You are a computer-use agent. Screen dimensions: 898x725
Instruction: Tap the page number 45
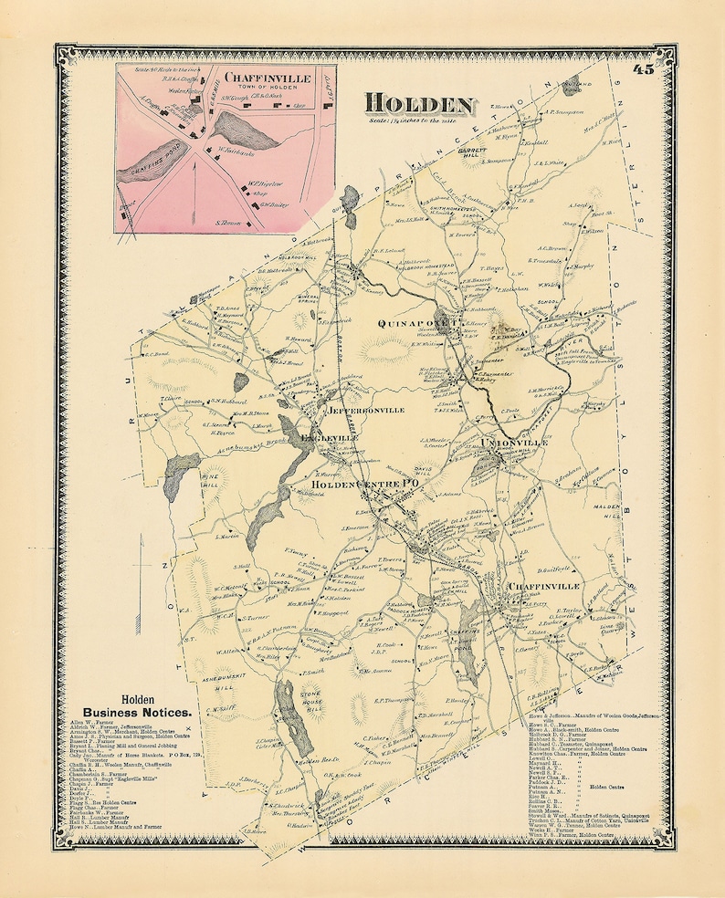click(x=642, y=73)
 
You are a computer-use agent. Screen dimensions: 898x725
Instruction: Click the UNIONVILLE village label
click(x=514, y=442)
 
